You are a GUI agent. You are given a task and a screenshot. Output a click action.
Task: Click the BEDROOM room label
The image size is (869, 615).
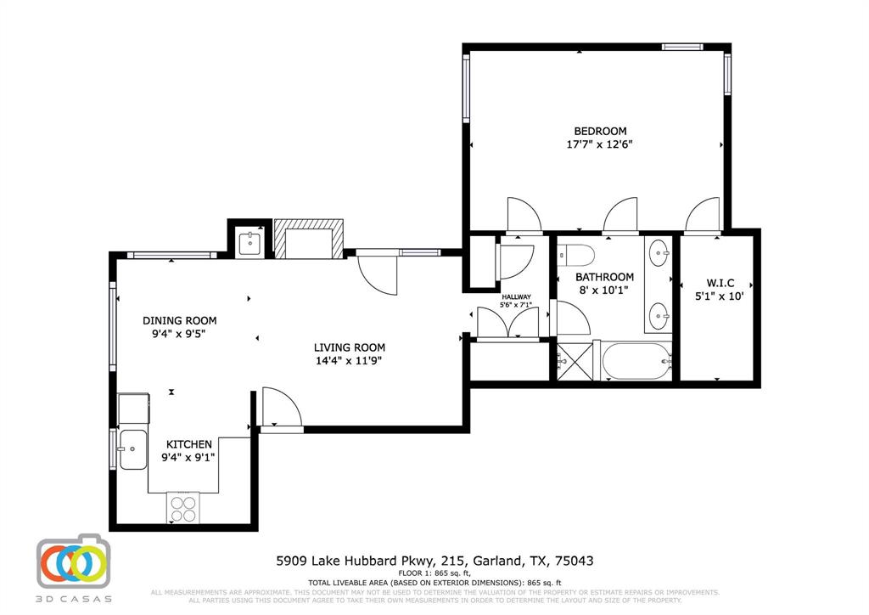(x=600, y=131)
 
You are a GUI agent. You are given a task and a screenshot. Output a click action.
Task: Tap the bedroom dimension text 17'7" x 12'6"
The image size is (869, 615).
(x=600, y=144)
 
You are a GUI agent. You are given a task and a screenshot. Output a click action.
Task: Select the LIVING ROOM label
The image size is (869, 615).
(x=350, y=347)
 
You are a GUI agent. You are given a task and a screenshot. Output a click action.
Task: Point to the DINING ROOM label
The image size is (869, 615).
(x=179, y=320)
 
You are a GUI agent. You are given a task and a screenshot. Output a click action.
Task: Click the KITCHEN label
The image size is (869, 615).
(x=188, y=444)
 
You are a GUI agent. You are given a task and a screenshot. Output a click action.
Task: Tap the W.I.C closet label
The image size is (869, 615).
(x=714, y=283)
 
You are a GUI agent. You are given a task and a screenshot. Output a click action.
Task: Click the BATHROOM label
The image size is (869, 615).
(x=604, y=277)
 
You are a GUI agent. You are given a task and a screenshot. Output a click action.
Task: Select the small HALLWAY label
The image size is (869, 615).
(x=515, y=296)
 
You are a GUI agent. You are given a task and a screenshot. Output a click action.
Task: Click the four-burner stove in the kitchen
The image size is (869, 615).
(x=183, y=507)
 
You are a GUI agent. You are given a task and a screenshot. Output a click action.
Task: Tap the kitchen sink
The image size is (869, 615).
(x=132, y=449)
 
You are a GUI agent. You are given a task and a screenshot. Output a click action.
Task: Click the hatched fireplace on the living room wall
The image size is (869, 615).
(x=309, y=238)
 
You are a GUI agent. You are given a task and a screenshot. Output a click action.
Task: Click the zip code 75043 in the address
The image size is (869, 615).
(x=573, y=561)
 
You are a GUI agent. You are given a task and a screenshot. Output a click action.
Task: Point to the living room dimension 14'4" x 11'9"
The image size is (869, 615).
(x=350, y=361)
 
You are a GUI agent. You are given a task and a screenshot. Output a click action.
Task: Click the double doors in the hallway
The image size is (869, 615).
(x=507, y=323)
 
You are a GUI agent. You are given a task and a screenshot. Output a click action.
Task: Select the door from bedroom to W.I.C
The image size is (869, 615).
(x=704, y=216)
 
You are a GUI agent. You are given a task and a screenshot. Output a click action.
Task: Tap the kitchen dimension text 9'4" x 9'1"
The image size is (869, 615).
(x=188, y=458)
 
